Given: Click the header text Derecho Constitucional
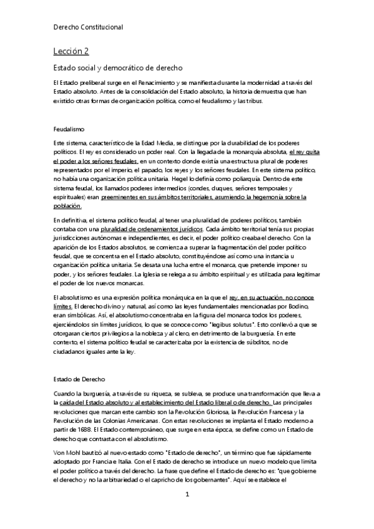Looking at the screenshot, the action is [x=87, y=27].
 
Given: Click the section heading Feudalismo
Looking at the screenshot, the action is [x=69, y=129].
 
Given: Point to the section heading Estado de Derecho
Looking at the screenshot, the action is [x=79, y=379].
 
